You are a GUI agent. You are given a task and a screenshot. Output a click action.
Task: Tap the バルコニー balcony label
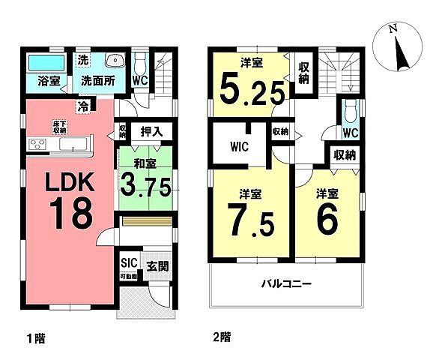point(286,285)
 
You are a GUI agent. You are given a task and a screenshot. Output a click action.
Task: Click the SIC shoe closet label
point(128,262)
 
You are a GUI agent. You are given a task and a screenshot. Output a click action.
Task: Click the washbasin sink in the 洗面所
point(115,62)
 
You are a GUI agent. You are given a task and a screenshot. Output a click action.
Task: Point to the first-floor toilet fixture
point(139,64)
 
